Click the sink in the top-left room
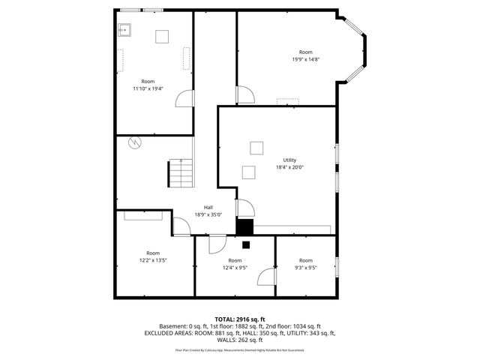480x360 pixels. [124, 31]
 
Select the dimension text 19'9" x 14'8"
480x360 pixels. [305, 59]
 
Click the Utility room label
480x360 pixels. [289, 160]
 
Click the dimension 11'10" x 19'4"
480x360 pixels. [148, 88]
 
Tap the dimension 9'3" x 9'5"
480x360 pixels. [305, 268]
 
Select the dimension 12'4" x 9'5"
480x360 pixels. [235, 268]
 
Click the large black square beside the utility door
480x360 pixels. [244, 227]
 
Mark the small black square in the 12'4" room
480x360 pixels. [245, 244]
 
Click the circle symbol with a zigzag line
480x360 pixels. [134, 142]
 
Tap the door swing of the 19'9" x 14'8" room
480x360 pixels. [244, 95]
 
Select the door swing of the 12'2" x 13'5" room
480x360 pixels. [181, 226]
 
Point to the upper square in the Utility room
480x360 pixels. [256, 147]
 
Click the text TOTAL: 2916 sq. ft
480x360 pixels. [240, 319]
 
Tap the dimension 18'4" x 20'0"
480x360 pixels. [289, 167]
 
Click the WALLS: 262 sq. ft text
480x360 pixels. [240, 340]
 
